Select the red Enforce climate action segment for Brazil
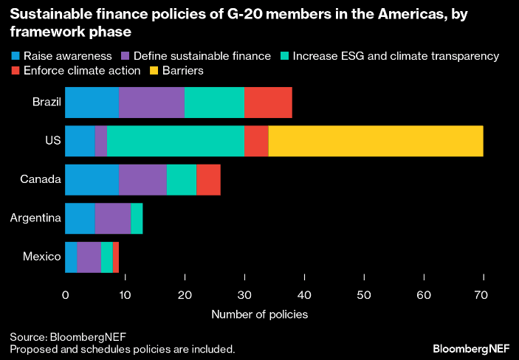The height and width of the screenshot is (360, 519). pos(268,103)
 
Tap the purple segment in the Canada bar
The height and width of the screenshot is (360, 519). pos(142,179)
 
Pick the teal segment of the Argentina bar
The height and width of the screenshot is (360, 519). pos(137,218)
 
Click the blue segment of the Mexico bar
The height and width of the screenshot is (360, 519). pos(71,256)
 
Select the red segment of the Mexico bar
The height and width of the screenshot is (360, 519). pos(116,256)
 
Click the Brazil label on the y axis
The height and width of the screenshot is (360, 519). pos(47,103)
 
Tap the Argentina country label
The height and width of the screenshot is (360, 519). pos(35,218)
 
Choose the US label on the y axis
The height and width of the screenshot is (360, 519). pos(53,141)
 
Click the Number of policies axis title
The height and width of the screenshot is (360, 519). pos(259,314)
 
